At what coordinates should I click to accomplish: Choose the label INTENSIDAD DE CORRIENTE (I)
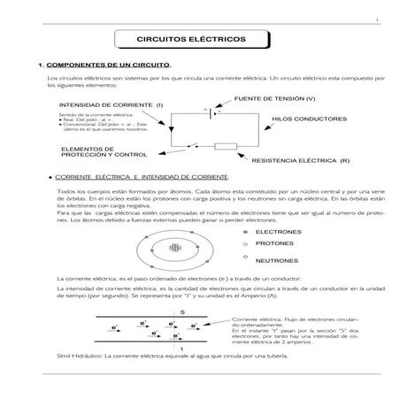pos(110,105)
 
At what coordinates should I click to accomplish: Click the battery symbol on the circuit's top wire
pos(209,112)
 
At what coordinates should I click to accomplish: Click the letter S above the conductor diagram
pos(181,312)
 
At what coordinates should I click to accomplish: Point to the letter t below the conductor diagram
pos(181,349)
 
